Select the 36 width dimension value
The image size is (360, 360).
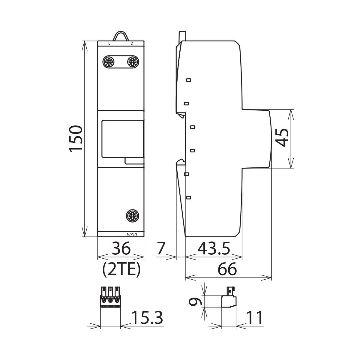tap(121, 249)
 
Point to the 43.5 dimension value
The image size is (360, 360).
tap(214, 249)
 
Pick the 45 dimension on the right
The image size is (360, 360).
tap(282, 137)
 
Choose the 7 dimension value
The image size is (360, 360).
tap(161, 249)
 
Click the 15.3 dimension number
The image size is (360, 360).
tap(147, 318)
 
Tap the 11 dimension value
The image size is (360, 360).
tap(255, 318)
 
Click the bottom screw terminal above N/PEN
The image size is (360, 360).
tap(132, 215)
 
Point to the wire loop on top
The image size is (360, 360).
tap(121, 36)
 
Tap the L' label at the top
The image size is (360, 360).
tap(132, 43)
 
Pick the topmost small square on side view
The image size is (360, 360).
tap(189, 80)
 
